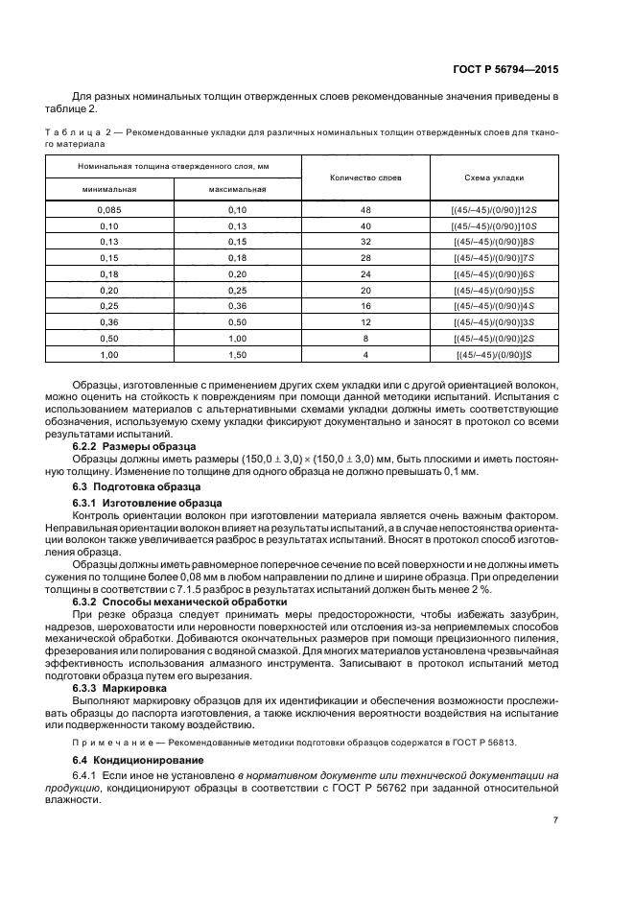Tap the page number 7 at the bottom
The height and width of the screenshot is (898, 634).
(555, 820)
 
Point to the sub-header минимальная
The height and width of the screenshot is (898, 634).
(109, 189)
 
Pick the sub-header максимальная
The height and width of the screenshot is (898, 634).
(237, 189)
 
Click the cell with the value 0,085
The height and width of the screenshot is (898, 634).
(109, 209)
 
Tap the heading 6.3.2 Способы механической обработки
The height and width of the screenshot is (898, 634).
(181, 602)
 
